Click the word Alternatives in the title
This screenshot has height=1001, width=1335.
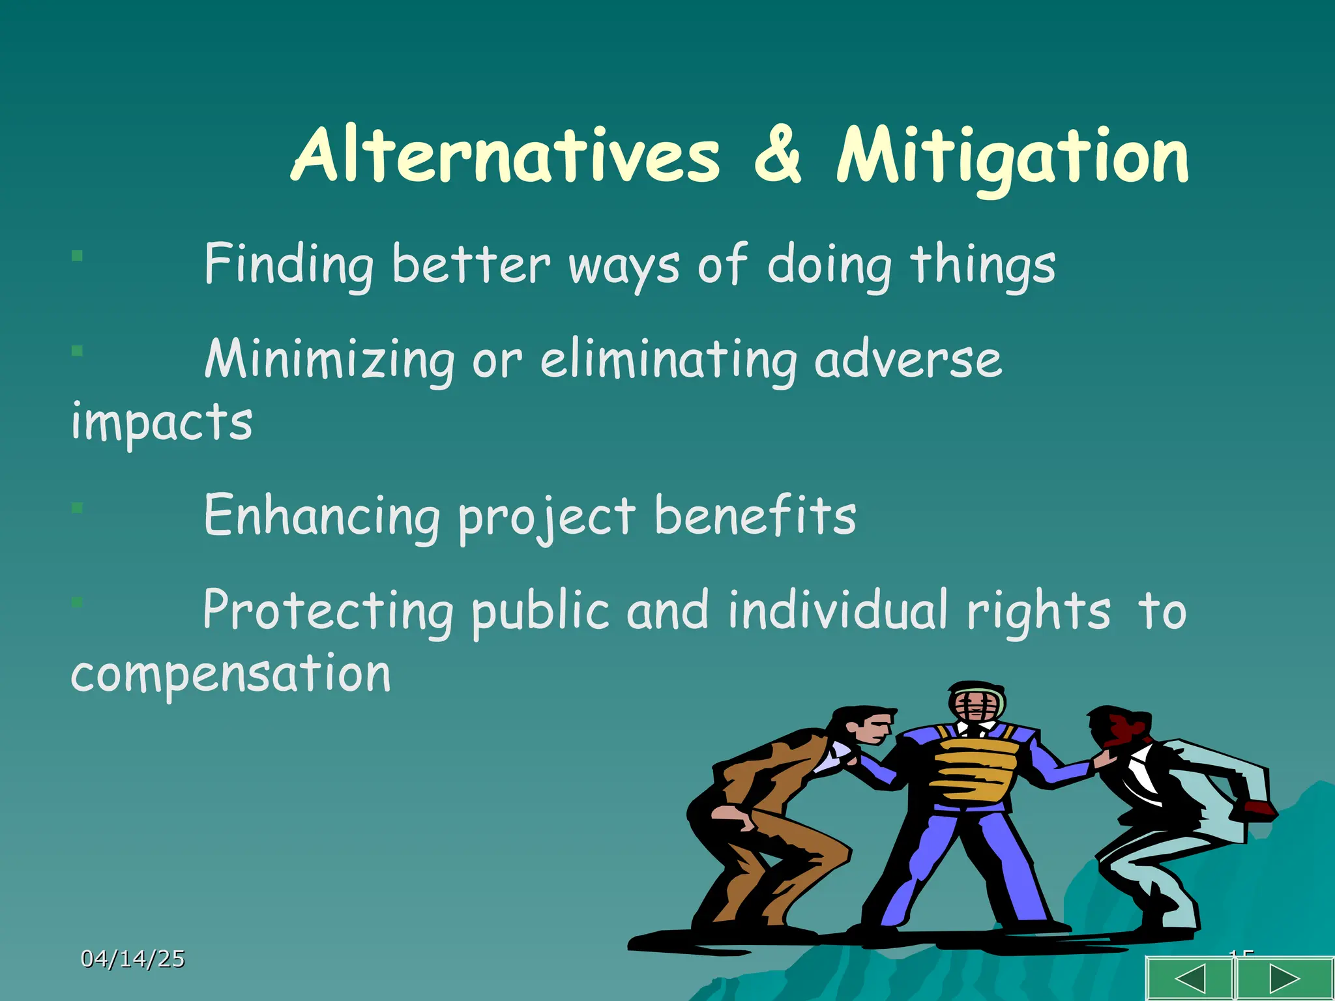[505, 155]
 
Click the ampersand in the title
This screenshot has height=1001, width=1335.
[777, 155]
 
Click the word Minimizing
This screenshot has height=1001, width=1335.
[329, 360]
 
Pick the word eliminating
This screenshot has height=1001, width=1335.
[668, 360]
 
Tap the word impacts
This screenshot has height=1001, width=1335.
[162, 422]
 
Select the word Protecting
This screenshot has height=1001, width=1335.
[328, 611]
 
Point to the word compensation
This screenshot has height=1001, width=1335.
[231, 675]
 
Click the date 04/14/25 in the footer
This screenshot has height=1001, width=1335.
[132, 959]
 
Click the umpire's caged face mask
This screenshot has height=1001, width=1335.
[976, 704]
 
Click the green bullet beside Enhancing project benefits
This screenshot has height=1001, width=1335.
[77, 508]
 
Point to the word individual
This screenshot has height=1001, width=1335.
[838, 611]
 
